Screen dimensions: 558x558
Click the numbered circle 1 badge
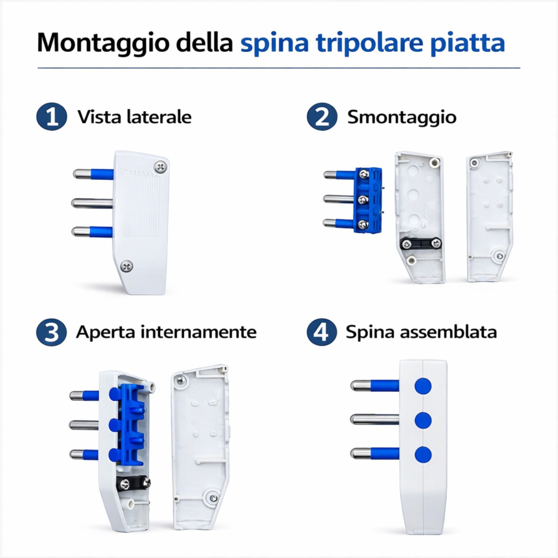52,117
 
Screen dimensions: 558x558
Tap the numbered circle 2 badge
322,117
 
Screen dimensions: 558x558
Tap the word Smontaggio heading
402,117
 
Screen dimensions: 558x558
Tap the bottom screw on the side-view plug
127,266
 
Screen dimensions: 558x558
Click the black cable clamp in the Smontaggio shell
420,243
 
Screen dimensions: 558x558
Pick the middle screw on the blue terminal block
364,199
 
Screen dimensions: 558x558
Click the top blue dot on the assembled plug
423,386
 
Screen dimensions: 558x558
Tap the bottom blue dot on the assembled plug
423,454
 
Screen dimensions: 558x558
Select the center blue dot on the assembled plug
423,420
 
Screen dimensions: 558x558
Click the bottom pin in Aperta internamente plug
84,454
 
